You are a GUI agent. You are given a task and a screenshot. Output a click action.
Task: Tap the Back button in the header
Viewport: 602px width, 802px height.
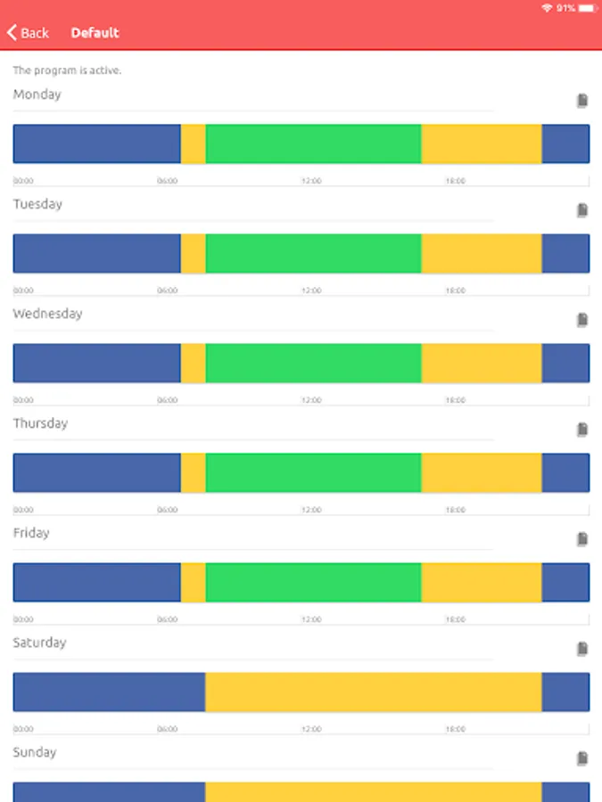coord(28,33)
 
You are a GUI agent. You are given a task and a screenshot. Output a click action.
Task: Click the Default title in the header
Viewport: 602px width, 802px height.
coord(95,33)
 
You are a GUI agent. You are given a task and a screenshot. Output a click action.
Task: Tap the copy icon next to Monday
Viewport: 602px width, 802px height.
coord(582,101)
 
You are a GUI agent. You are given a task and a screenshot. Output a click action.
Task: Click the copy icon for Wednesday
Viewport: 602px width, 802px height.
coord(582,320)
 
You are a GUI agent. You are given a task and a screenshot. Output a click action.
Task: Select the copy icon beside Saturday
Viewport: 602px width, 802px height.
coord(582,649)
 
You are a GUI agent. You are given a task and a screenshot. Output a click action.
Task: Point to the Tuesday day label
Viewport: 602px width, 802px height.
coord(37,204)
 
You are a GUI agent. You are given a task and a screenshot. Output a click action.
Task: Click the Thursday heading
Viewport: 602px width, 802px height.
coord(40,423)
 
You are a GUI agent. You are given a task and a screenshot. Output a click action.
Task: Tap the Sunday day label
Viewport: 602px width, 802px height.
coord(34,752)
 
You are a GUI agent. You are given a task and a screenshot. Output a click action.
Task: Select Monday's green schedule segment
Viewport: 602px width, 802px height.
coord(313,143)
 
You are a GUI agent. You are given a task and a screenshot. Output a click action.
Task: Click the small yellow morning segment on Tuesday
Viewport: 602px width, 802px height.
coord(194,253)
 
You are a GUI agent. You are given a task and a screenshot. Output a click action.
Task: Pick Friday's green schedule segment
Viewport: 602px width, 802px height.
coord(313,582)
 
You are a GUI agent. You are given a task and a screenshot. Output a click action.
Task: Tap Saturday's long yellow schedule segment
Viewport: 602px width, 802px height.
coord(373,692)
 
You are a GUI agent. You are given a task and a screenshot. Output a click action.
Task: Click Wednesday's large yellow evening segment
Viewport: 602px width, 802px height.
coord(481,363)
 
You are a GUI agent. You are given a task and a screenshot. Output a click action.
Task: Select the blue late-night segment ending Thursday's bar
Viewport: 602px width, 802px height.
coord(565,472)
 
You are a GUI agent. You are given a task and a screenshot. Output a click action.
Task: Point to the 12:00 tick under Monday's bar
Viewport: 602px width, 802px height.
coord(311,181)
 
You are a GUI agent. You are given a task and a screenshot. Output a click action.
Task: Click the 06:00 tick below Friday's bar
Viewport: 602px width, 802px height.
coord(168,619)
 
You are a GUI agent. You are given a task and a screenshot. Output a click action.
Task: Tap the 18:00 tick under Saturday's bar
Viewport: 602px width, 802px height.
coord(455,729)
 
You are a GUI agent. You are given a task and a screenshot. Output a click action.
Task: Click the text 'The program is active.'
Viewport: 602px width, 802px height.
coord(67,70)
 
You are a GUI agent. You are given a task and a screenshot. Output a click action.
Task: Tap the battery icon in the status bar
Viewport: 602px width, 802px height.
coord(587,8)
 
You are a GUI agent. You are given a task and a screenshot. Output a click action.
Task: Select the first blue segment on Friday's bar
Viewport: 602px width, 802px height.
coord(96,582)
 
